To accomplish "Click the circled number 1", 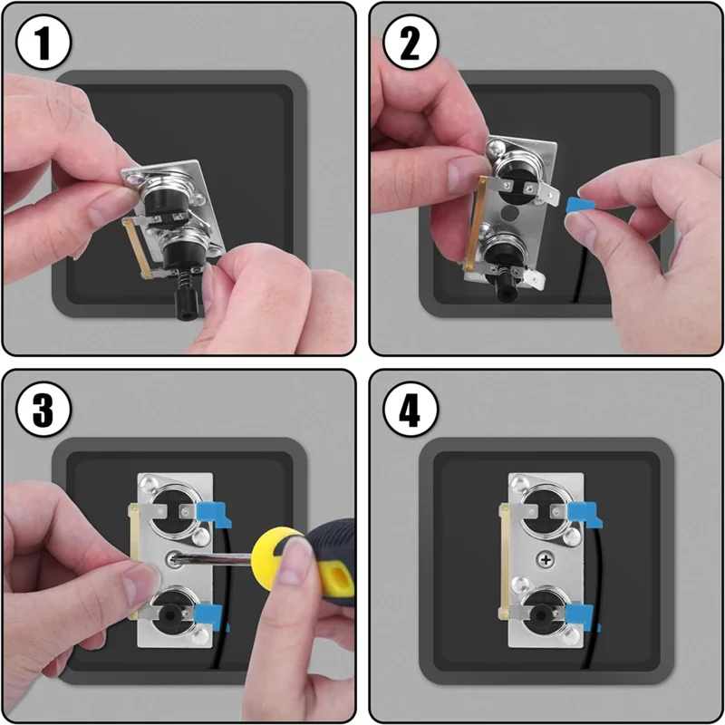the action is point(43,43).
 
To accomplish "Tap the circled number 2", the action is point(411,43).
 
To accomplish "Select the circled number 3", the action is point(43,410).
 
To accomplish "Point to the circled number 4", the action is point(411,410).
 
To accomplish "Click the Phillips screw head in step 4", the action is point(546,560).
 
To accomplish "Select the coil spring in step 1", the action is point(185,279).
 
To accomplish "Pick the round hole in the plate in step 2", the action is point(510,214).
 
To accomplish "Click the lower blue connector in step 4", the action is point(582,617).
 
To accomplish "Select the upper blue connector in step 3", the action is point(214,515).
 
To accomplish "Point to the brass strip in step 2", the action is point(476,222).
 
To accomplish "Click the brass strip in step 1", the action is point(136,248).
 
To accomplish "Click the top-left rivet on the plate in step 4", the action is point(519,484).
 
